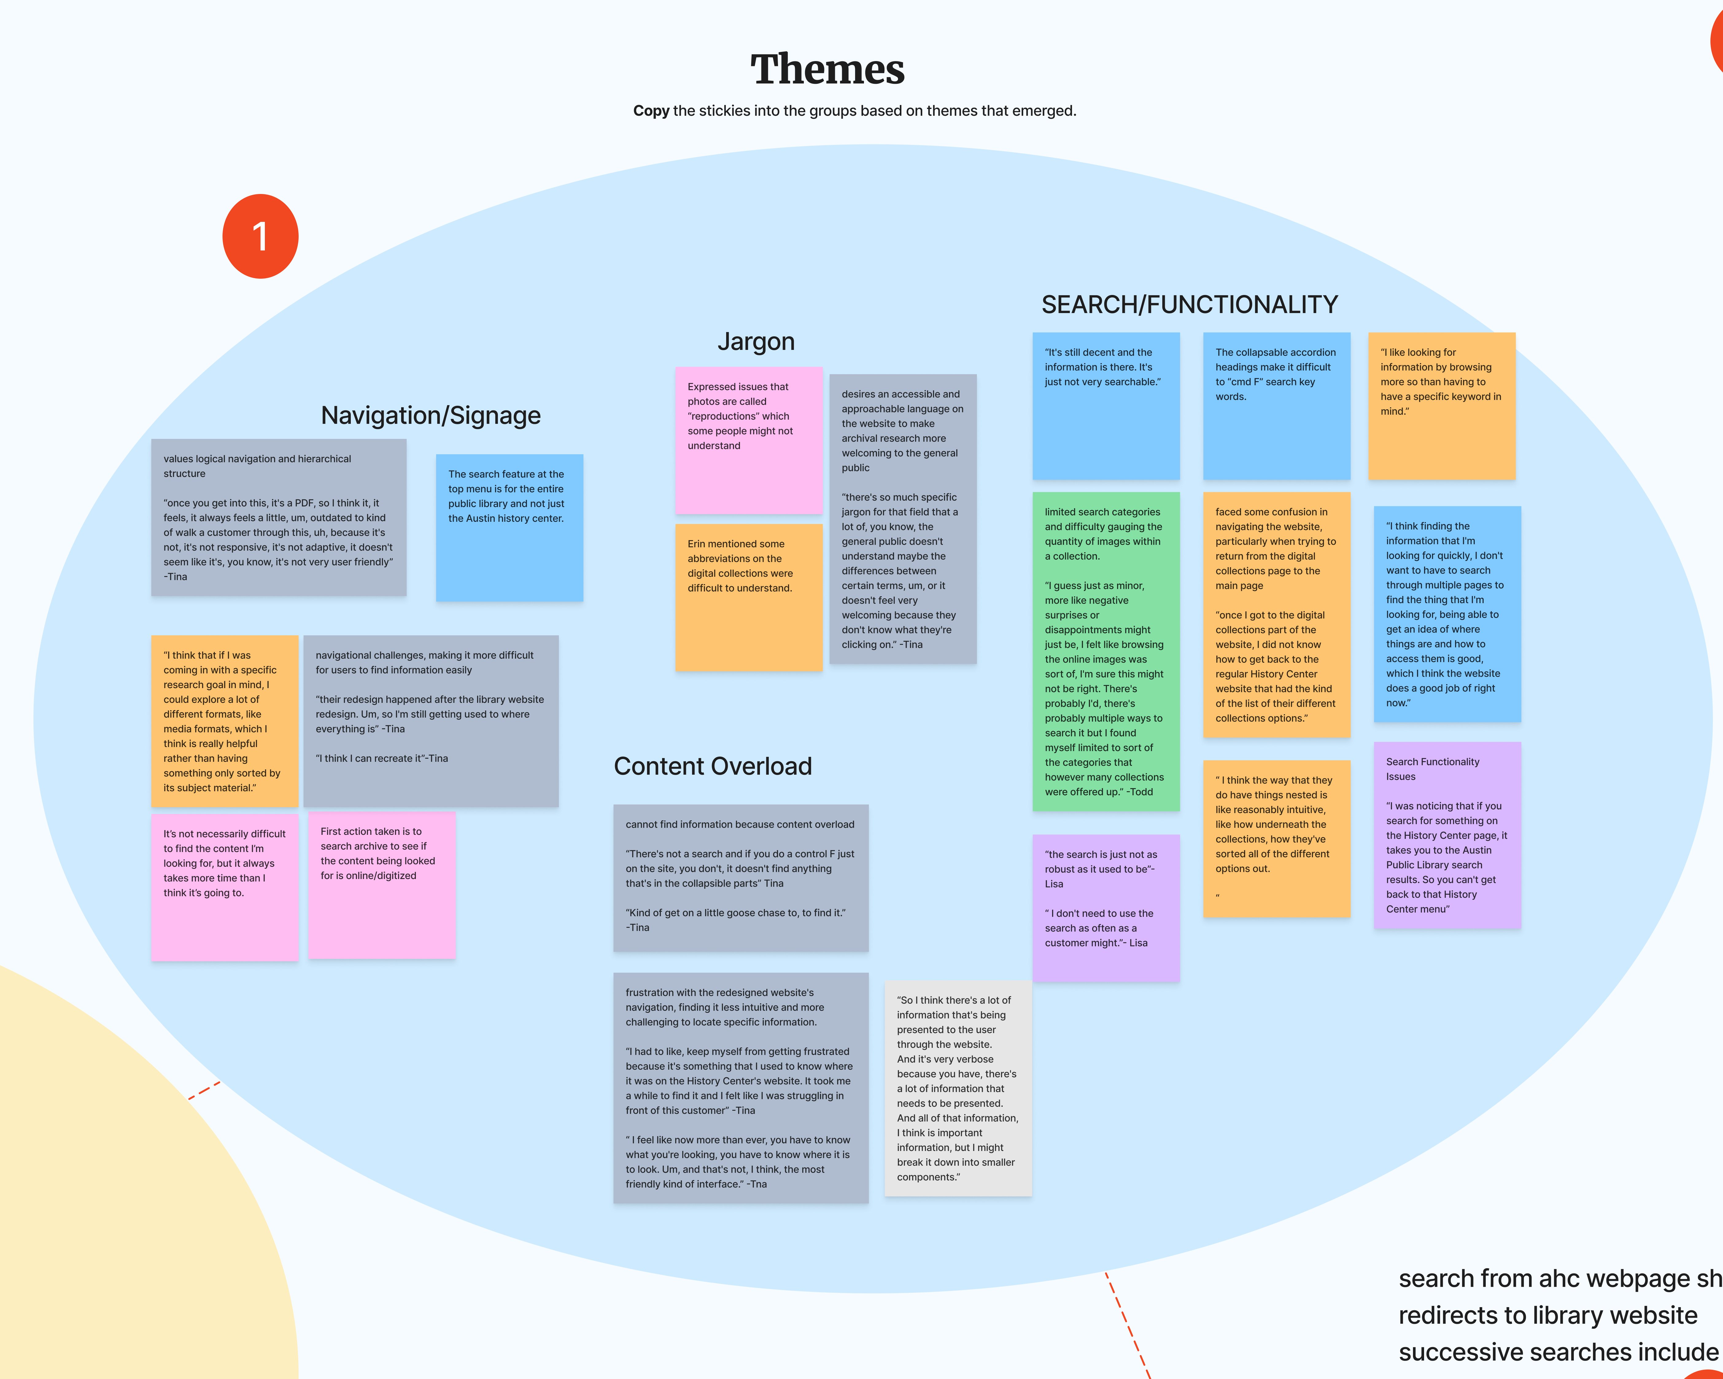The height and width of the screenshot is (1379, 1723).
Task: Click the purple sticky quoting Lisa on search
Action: pyautogui.click(x=1105, y=907)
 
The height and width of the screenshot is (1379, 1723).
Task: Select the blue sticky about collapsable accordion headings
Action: pyautogui.click(x=1276, y=405)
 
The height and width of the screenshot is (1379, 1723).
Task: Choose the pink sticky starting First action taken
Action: pyautogui.click(x=381, y=885)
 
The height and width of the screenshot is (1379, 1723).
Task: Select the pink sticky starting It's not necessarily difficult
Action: pyautogui.click(x=225, y=887)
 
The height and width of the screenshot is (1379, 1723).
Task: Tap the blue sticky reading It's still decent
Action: pyautogui.click(x=1105, y=405)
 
